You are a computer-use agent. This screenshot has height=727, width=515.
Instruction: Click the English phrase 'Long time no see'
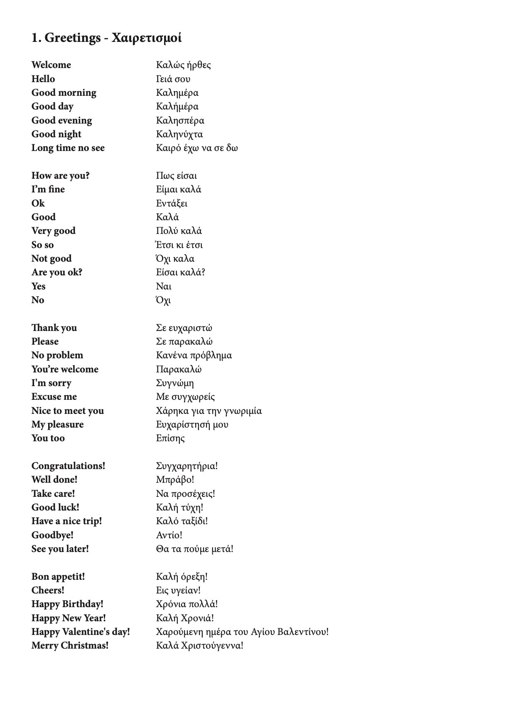pyautogui.click(x=68, y=148)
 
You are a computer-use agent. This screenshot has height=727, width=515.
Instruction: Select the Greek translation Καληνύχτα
pyautogui.click(x=179, y=134)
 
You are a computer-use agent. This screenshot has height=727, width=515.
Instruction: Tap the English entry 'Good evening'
pyautogui.click(x=62, y=121)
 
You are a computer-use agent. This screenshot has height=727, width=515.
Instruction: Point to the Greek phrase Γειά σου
pyautogui.click(x=173, y=79)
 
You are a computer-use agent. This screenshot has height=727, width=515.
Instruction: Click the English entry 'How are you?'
pyautogui.click(x=61, y=176)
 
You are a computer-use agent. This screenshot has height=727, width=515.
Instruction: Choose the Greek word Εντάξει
pyautogui.click(x=172, y=204)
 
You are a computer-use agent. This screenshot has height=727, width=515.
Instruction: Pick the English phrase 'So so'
pyautogui.click(x=43, y=245)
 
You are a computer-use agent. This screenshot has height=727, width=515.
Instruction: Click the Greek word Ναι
pyautogui.click(x=164, y=287)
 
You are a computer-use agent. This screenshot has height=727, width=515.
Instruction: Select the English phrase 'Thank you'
pyautogui.click(x=54, y=328)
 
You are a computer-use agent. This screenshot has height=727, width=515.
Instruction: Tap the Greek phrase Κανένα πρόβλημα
pyautogui.click(x=194, y=355)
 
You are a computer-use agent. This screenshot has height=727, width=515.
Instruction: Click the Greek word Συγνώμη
pyautogui.click(x=175, y=383)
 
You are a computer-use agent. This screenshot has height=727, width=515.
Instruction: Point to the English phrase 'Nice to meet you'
pyautogui.click(x=68, y=411)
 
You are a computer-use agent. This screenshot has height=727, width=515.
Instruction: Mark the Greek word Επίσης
pyautogui.click(x=170, y=438)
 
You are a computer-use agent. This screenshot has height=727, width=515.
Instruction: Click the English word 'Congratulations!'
pyautogui.click(x=69, y=466)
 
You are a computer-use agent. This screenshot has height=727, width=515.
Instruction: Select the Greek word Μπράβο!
pyautogui.click(x=175, y=480)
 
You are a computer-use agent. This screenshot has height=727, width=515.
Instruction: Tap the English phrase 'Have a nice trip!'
pyautogui.click(x=67, y=521)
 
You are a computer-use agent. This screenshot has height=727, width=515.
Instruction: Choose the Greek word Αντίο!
pyautogui.click(x=169, y=535)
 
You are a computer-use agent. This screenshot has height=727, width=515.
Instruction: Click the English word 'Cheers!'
pyautogui.click(x=48, y=591)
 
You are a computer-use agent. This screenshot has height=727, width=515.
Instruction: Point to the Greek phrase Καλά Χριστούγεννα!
pyautogui.click(x=200, y=646)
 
